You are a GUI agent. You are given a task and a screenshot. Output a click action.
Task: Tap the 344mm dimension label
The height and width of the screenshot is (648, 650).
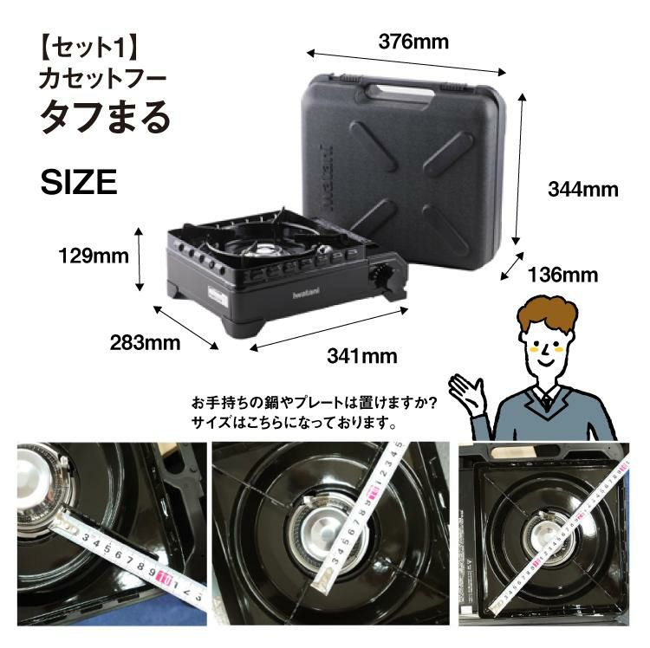click(x=583, y=189)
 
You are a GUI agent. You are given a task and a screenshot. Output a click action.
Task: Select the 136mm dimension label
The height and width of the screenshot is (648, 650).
click(x=563, y=275)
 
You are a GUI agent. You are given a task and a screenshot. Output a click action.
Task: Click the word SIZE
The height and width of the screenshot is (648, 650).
click(x=79, y=182)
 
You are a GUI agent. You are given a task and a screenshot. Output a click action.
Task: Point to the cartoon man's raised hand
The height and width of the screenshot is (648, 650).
click(x=472, y=389)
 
